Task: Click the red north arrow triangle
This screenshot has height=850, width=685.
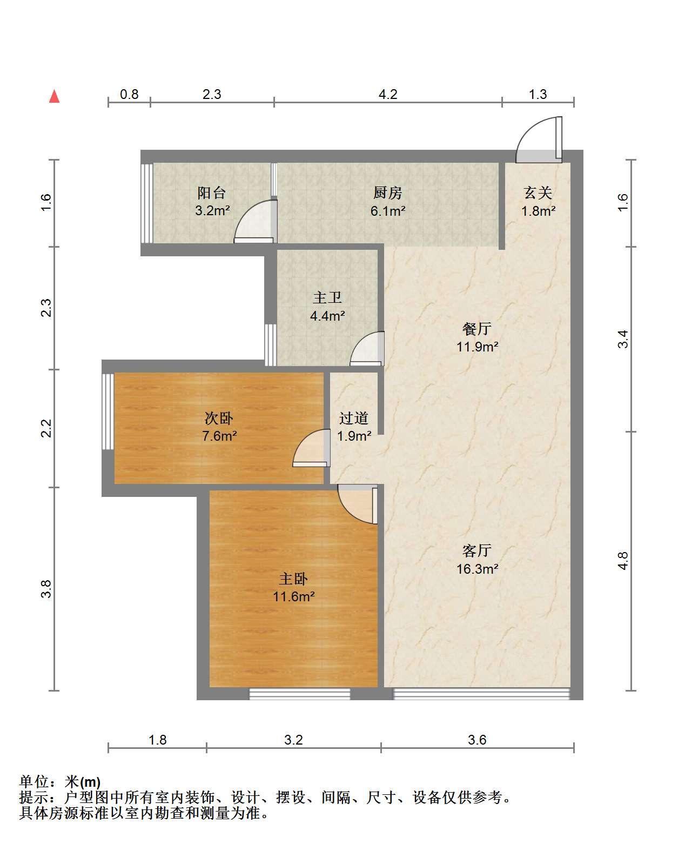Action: tap(54, 96)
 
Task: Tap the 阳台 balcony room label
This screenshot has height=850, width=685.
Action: tap(212, 192)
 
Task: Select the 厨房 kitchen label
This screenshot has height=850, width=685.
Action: tap(387, 192)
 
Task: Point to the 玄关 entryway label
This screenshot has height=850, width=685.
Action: tap(538, 192)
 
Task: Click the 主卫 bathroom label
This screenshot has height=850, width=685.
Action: tap(327, 297)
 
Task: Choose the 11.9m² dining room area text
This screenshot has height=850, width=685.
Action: tap(477, 347)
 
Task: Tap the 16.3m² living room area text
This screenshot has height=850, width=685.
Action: tap(477, 569)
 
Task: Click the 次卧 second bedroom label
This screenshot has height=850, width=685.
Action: tap(219, 418)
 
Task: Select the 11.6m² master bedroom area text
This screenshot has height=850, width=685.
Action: tap(293, 596)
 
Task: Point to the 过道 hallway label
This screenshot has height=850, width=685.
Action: tap(353, 418)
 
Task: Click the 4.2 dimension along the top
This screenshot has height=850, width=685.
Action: tap(388, 94)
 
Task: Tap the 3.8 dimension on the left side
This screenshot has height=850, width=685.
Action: tap(46, 589)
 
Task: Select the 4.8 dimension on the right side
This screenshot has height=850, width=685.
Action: tap(623, 561)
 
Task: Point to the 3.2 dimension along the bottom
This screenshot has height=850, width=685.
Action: tap(293, 740)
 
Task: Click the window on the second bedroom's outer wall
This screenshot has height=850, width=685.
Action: tap(108, 411)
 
